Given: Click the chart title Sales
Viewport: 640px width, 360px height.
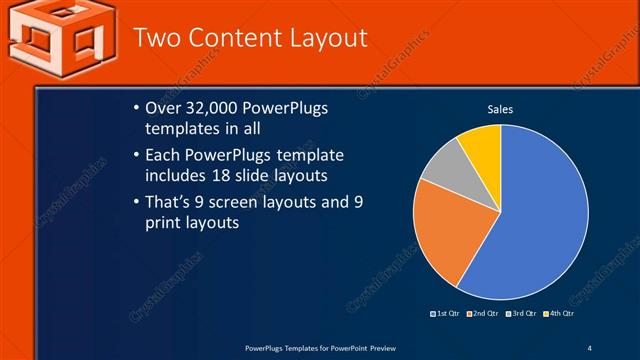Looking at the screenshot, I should pyautogui.click(x=500, y=109).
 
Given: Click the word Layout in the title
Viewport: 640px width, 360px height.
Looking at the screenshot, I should pyautogui.click(x=323, y=38).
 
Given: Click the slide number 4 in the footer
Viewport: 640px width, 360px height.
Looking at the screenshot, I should pyautogui.click(x=589, y=348).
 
